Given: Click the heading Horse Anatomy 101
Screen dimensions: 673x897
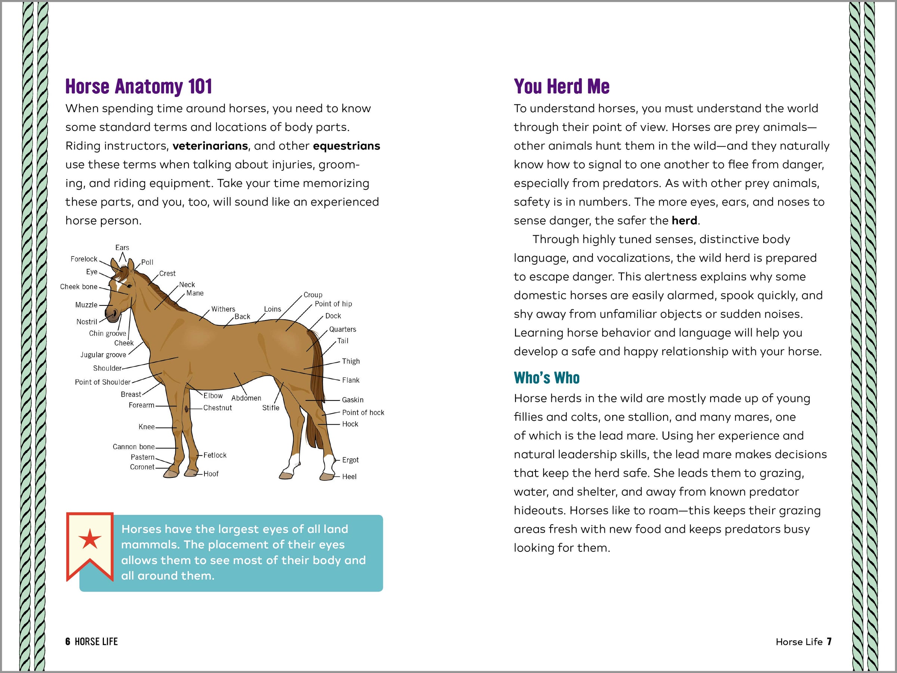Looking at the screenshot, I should point(138,86).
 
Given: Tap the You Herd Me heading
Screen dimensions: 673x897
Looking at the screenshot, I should point(561,86).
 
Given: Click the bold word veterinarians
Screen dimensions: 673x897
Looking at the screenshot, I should point(210,146).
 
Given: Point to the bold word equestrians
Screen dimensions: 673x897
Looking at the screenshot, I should point(346,146).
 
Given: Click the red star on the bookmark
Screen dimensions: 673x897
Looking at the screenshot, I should point(90,539).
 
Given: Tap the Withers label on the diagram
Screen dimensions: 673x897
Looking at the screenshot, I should point(223,309).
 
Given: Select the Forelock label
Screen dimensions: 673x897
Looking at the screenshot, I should point(84,259).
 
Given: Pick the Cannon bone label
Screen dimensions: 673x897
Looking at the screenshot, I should point(133,447).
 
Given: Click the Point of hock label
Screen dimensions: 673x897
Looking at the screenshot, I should point(363,412).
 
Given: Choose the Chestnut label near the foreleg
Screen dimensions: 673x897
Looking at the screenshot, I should point(218,408).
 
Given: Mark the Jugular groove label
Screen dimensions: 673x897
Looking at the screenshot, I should point(103,354).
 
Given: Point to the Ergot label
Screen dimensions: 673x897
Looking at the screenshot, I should point(350,460).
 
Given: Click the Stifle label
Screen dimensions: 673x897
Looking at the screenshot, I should point(271,408).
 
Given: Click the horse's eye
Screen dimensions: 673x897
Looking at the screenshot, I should point(129,286).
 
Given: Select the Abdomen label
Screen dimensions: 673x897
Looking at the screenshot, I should point(246,398).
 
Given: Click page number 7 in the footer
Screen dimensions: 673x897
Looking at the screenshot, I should point(829,641).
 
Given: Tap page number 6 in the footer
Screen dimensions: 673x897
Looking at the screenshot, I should point(67,641).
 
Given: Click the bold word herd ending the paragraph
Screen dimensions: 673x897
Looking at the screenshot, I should point(684,220).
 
